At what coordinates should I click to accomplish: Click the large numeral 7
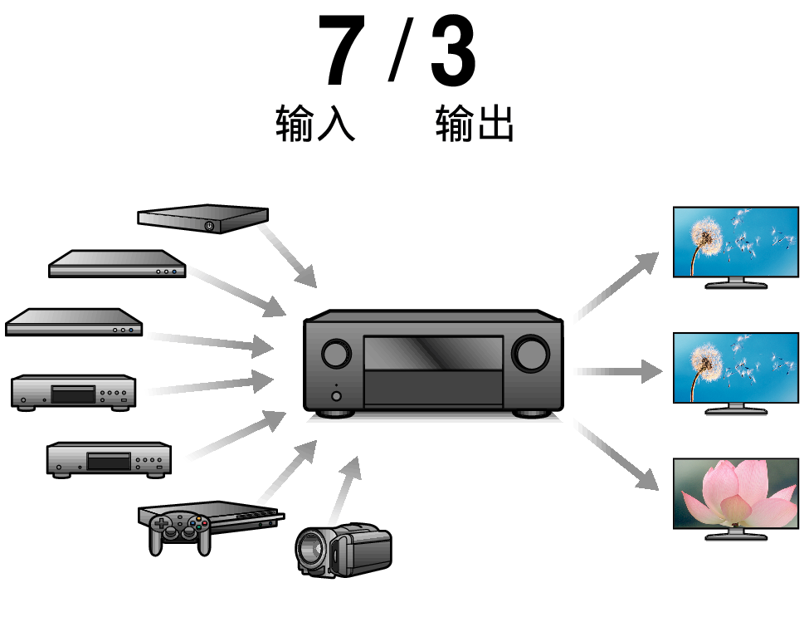pos(342,52)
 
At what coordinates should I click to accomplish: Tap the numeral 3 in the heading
pos(454,52)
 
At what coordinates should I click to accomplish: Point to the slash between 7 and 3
pos(400,52)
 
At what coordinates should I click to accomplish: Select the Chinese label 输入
pos(315,123)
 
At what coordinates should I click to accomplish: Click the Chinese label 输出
pos(475,123)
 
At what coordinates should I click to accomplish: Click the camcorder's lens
pos(310,548)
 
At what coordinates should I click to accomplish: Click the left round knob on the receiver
pos(335,354)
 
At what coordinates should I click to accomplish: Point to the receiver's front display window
pos(433,353)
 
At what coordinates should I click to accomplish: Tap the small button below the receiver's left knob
pos(335,395)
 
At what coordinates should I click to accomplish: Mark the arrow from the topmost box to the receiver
pos(287,256)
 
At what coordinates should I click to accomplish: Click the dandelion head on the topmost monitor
pos(707,237)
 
